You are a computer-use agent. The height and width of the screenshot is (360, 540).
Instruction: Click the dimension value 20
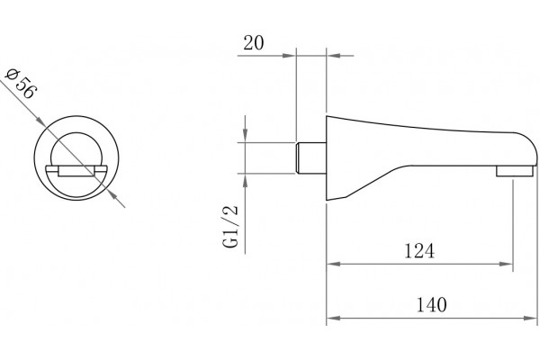click(x=254, y=43)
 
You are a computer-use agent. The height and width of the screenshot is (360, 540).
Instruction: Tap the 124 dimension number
click(x=419, y=251)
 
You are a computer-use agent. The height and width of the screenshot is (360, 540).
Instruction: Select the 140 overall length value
click(x=431, y=305)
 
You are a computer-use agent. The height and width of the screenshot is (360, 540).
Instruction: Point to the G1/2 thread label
click(x=230, y=226)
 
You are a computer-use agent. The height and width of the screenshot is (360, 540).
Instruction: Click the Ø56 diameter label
click(x=21, y=84)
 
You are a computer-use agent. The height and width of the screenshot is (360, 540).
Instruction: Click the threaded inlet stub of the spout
click(x=311, y=157)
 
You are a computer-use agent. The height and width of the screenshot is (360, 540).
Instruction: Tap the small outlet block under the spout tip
click(x=515, y=171)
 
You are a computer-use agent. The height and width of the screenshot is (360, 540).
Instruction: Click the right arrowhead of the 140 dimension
click(x=530, y=318)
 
